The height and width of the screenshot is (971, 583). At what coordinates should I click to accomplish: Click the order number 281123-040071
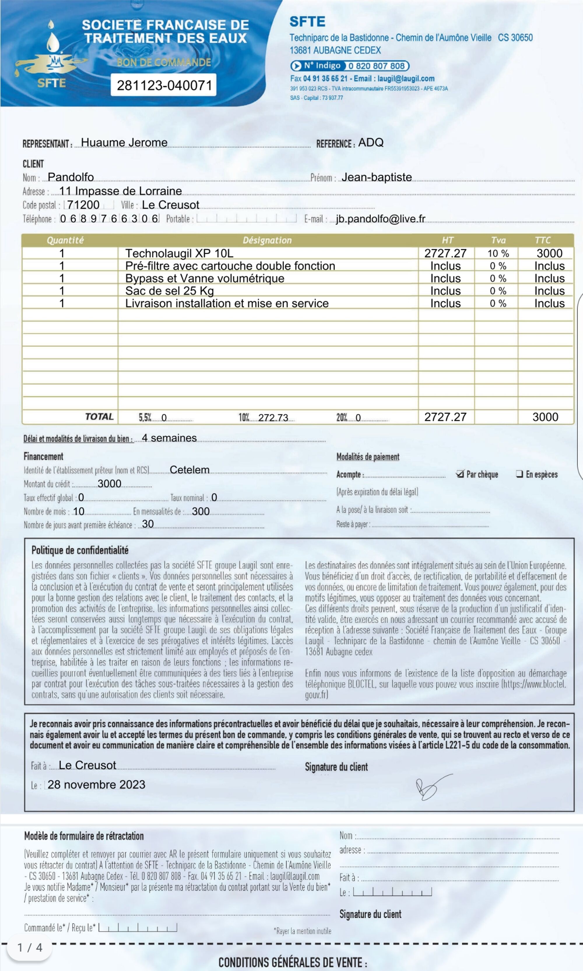coord(164,85)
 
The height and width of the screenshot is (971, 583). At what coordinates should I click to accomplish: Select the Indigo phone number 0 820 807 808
coord(376,66)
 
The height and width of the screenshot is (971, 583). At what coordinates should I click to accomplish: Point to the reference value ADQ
coord(370,142)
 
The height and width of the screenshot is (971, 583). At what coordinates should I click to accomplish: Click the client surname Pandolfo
coord(71,177)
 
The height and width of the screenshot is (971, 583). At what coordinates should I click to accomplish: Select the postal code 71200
coord(83,205)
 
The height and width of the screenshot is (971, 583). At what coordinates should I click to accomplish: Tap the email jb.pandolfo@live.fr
coord(380,219)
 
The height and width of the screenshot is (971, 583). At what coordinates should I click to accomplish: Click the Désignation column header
coord(267,240)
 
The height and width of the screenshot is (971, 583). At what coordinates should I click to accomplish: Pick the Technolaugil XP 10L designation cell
coord(179,253)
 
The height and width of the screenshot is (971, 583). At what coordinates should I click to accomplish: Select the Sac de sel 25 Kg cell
coord(169,291)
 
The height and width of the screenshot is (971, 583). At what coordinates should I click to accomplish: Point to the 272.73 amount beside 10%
coord(273,418)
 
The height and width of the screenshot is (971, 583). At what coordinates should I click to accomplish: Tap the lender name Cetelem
coord(189,470)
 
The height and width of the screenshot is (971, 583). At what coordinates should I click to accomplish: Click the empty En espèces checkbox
coord(519,474)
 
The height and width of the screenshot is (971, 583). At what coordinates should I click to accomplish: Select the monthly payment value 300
coord(201,512)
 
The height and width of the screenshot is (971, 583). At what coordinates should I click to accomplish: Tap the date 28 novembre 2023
coord(96,785)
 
